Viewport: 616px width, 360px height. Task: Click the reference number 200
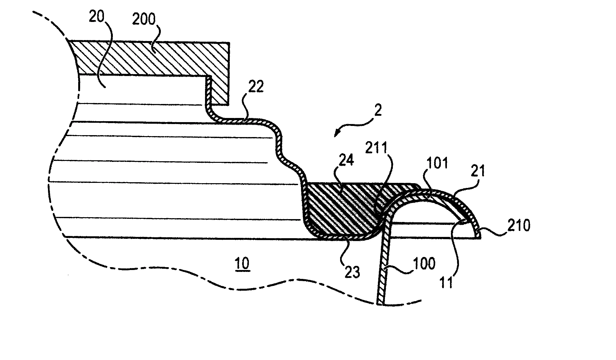point(144,19)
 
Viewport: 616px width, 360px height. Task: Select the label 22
point(256,87)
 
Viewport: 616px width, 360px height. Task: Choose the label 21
point(478,172)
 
